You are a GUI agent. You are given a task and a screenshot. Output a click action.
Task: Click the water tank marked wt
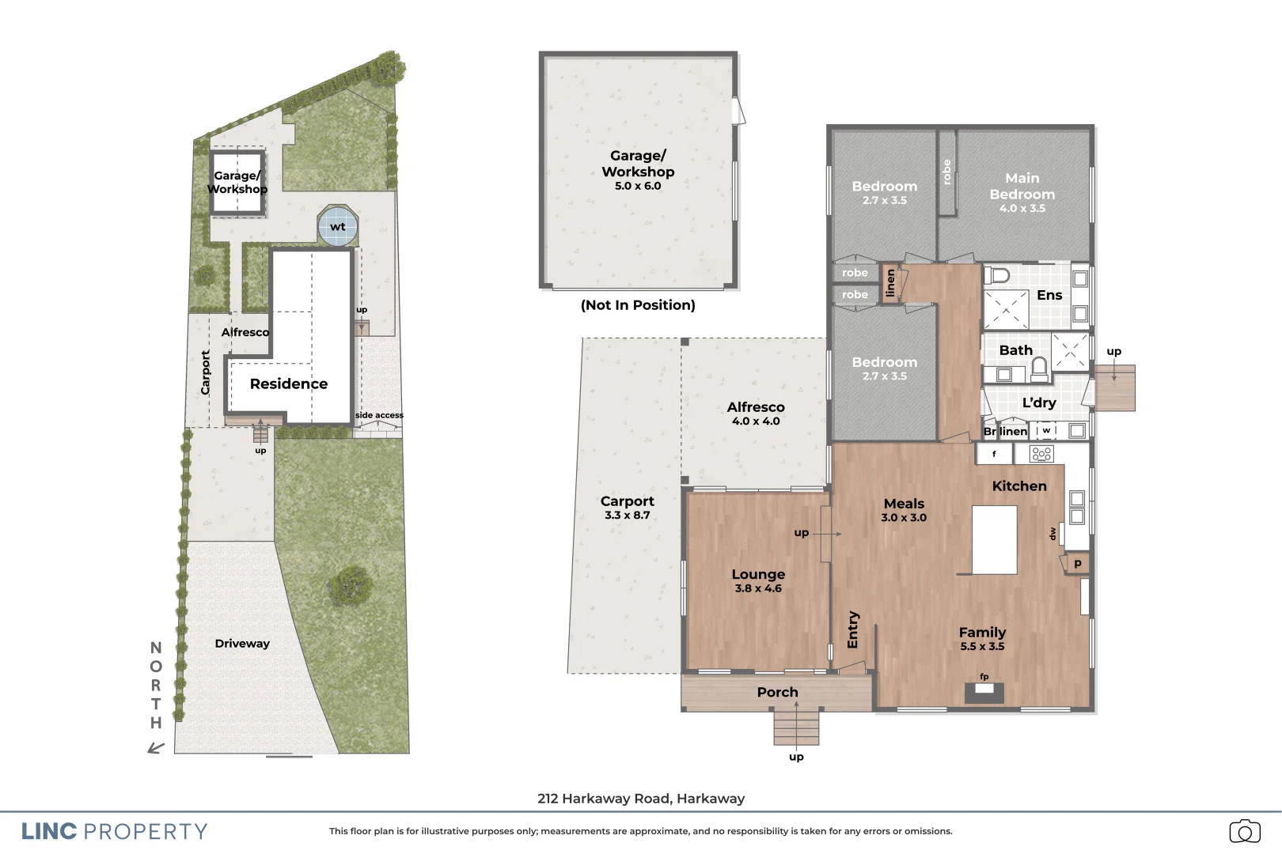point(338,227)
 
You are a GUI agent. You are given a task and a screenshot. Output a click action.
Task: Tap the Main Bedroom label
point(1022,187)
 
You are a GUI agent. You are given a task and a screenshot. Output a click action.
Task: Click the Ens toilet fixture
point(999,275)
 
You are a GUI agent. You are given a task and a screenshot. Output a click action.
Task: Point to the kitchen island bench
point(994,540)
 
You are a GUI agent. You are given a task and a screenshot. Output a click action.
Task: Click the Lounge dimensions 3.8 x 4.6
point(758,588)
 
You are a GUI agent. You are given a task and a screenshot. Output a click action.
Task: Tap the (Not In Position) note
point(638,305)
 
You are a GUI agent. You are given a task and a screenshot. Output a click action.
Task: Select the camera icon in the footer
point(1244,831)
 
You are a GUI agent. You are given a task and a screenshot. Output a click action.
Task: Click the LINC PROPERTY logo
point(115,831)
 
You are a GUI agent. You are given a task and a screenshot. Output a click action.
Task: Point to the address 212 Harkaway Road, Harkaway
point(641,799)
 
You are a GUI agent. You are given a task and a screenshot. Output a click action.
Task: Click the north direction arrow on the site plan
point(156,747)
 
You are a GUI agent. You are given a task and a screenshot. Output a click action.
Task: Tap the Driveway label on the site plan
point(242,644)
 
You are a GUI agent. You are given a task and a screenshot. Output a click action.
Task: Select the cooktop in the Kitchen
point(1041,454)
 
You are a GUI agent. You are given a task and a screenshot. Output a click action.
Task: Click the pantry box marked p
point(1077,563)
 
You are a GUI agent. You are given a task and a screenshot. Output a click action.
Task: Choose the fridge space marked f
point(994,454)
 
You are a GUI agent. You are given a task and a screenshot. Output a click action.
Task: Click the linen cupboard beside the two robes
point(890,282)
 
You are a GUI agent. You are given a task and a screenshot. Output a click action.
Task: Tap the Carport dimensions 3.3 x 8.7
point(627,515)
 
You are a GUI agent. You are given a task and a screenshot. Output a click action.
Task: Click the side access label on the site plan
point(379,415)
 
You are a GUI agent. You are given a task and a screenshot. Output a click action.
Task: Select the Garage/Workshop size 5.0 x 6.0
point(638,186)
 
